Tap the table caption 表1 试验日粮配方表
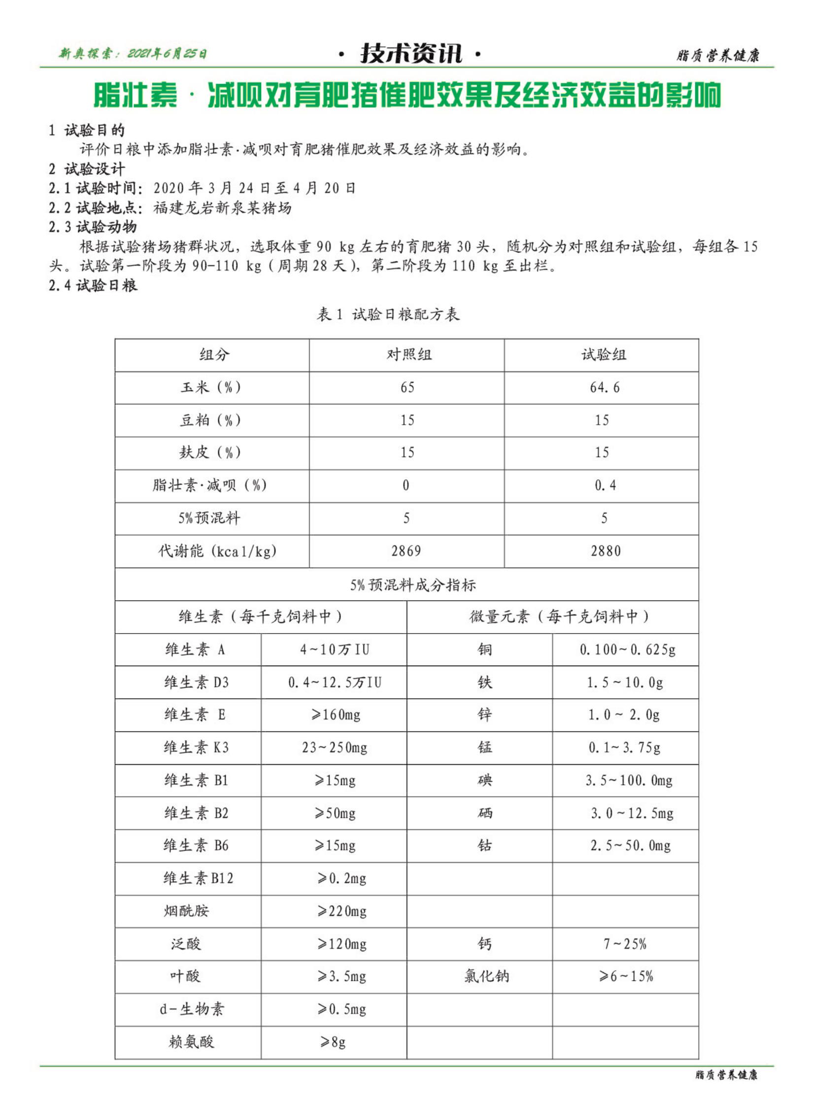point(388,314)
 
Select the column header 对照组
point(408,355)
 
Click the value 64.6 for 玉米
point(604,387)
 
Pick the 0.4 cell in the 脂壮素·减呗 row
point(605,485)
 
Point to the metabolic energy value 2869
point(406,551)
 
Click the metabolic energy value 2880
point(605,551)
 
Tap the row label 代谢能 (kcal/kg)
point(217,551)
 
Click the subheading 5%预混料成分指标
point(413,585)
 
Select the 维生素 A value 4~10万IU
point(335,650)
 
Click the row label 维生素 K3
point(196,748)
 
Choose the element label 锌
point(484,715)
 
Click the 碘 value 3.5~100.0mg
point(629,780)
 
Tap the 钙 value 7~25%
point(625,944)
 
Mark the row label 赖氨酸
point(191,1042)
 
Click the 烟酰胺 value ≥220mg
point(342,911)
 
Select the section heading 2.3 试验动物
point(93,227)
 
